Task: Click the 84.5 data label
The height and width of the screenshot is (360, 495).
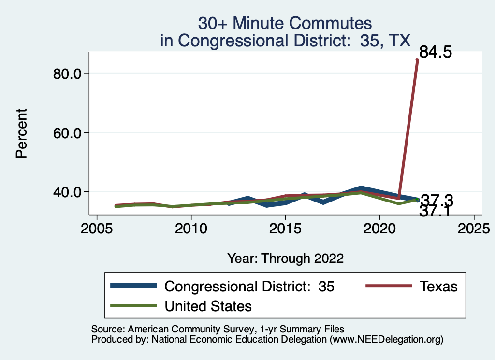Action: click(x=435, y=52)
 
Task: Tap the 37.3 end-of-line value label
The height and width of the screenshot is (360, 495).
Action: click(x=437, y=200)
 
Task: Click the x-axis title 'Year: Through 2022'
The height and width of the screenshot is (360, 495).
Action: click(x=285, y=259)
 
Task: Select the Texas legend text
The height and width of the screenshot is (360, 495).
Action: click(x=438, y=286)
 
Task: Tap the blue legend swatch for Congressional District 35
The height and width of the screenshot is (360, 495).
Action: click(x=134, y=286)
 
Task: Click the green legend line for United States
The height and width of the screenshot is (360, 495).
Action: click(x=134, y=306)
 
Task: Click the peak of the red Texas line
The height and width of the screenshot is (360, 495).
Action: click(x=417, y=60)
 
